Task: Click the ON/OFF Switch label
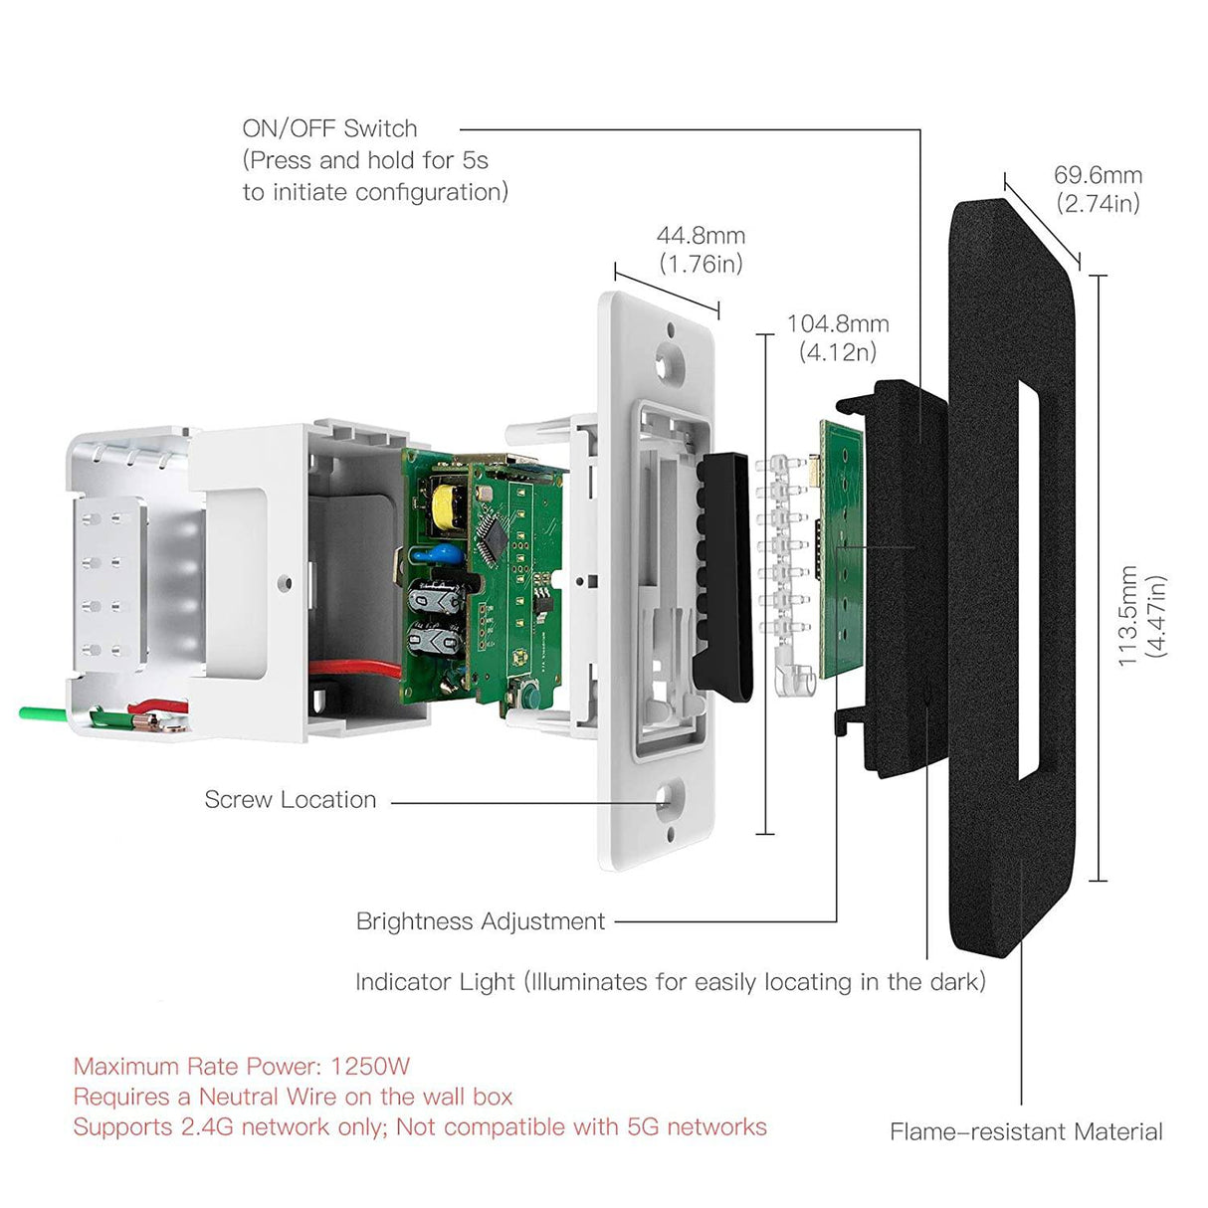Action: [329, 128]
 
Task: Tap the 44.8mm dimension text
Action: [701, 236]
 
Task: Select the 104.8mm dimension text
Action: [837, 323]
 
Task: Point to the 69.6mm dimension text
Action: [1098, 175]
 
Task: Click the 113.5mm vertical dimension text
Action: [1127, 616]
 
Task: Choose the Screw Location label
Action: [290, 799]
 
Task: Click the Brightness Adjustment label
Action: [480, 921]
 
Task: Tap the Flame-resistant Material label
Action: [1026, 1131]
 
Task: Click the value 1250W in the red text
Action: [370, 1067]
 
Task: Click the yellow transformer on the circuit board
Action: [440, 506]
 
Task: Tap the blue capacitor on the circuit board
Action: [448, 554]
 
